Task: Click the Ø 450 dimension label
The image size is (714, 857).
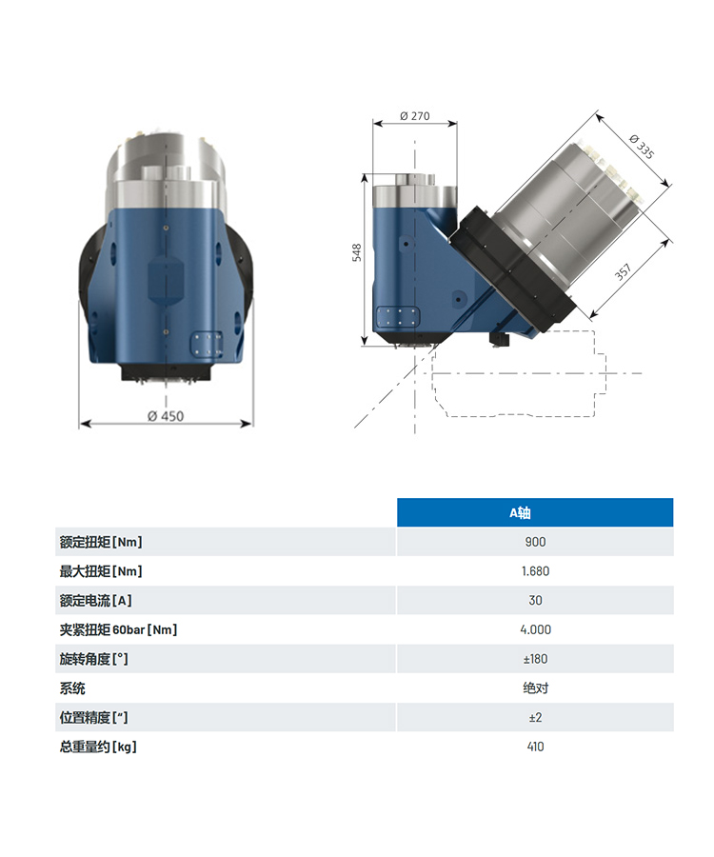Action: click(x=166, y=416)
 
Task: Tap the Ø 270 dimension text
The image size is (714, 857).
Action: click(x=415, y=116)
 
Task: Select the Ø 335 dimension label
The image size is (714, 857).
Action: click(x=642, y=147)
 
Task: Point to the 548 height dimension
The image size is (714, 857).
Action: click(x=357, y=252)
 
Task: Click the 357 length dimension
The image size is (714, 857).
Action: click(x=624, y=271)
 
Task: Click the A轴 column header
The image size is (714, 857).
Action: click(x=520, y=512)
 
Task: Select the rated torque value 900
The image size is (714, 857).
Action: click(x=535, y=542)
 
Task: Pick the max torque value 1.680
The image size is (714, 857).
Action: click(x=535, y=571)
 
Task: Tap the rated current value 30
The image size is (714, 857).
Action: click(x=535, y=600)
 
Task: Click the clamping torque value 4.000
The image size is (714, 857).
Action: click(x=535, y=629)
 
